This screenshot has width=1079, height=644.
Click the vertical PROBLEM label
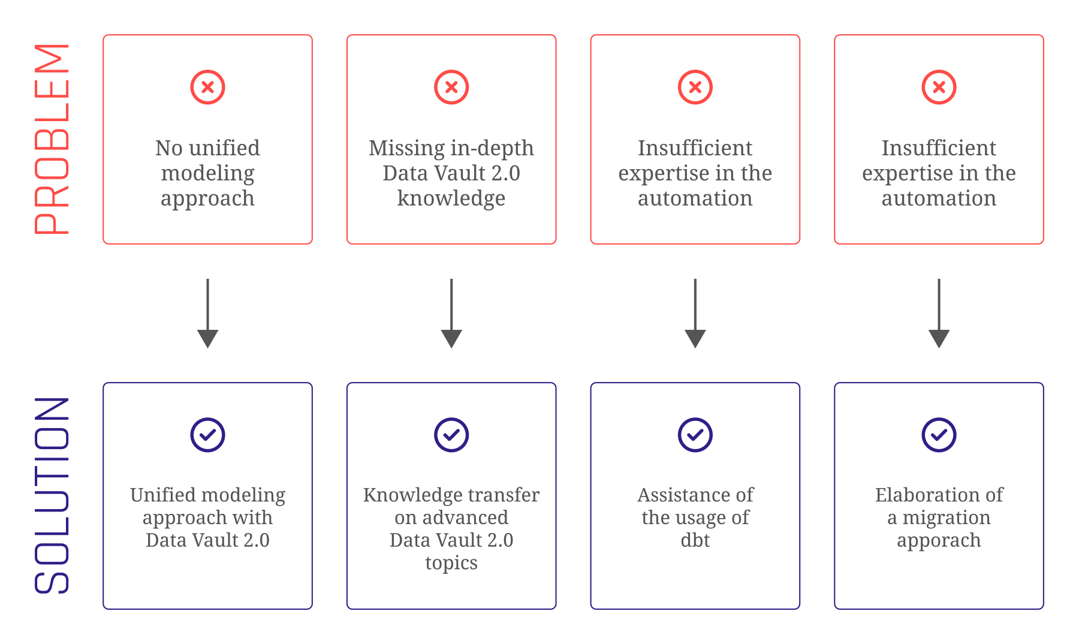pos(53,139)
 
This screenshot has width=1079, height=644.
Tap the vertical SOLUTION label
pos(53,495)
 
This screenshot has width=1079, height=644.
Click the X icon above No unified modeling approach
pos(207,88)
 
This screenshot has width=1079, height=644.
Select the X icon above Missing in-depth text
pos(451,88)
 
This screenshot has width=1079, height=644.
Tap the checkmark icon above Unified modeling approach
pos(207,435)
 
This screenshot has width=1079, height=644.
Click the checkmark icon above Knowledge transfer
pos(451,435)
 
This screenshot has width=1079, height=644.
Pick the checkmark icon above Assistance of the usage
pos(695,435)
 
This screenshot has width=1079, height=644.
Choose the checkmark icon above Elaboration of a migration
pos(939,435)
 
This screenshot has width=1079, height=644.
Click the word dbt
pos(695,540)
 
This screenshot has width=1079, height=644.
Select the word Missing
pos(398,148)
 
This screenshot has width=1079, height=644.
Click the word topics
pos(451,563)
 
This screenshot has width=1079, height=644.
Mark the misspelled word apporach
pos(939,540)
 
